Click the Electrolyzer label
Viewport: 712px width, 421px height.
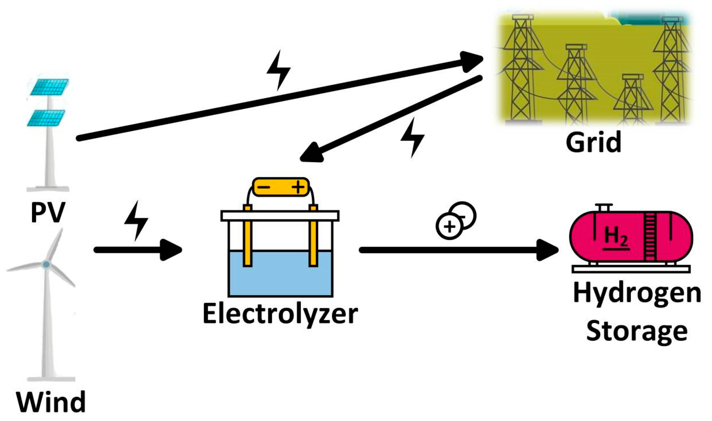pos(280,314)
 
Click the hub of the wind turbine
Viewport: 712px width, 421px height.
pos(46,265)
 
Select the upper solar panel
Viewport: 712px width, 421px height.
pos(50,87)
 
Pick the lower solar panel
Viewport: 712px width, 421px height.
pos(46,118)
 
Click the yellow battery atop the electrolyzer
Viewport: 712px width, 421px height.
pos(281,187)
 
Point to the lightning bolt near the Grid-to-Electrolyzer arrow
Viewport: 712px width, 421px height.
pos(412,137)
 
